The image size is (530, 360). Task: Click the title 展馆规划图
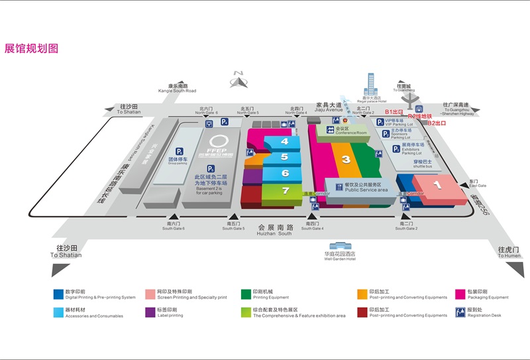(x=32, y=48)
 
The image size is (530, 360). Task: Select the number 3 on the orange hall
(x=346, y=159)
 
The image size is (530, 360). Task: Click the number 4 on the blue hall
(x=284, y=141)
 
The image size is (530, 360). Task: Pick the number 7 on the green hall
(x=286, y=191)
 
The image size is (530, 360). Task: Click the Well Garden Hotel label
(x=339, y=256)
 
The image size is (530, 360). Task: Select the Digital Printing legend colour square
(x=58, y=292)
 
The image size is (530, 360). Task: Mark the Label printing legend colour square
(x=150, y=310)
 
